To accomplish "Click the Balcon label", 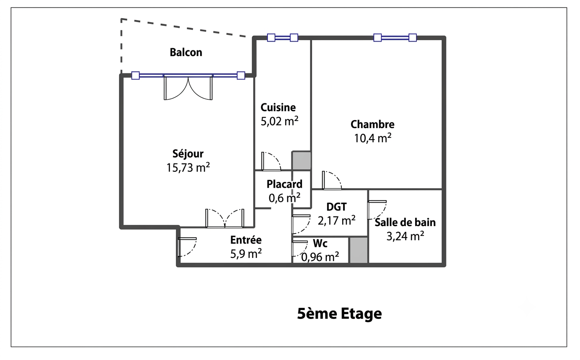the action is (x=186, y=52).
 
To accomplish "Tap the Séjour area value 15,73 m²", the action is (x=188, y=167).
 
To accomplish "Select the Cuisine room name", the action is (x=278, y=107).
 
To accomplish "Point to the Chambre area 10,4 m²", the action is (x=373, y=138).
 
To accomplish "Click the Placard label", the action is (x=285, y=184).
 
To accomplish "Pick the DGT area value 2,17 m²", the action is (x=336, y=220).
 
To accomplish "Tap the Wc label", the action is (x=321, y=243).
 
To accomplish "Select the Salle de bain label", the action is (x=405, y=222).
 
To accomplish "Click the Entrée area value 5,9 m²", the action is (x=246, y=254).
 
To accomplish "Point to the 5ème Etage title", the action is (x=340, y=314).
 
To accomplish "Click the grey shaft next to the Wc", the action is (x=359, y=250).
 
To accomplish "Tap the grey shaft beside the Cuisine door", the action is (x=301, y=161).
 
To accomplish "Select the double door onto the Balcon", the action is (x=188, y=87).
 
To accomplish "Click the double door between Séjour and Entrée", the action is (x=225, y=219).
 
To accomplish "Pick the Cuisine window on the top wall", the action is (x=282, y=38).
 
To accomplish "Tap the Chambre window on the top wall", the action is (x=395, y=38).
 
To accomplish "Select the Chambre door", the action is (x=332, y=180).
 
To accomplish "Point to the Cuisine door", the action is (x=271, y=161).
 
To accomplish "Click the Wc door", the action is (x=300, y=248).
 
